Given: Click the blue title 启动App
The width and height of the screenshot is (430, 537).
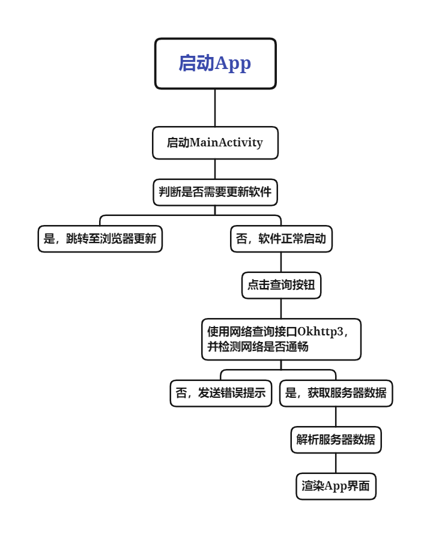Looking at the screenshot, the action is point(215,64).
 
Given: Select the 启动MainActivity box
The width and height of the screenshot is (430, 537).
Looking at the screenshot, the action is point(215,143).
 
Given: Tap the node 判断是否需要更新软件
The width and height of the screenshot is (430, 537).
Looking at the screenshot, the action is point(215,192).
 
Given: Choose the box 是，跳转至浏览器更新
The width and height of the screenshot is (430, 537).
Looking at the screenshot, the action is point(100,239).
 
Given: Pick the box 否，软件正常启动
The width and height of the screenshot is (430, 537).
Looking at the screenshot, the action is point(281,239).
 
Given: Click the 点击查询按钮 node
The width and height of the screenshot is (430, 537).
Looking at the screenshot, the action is point(281,285).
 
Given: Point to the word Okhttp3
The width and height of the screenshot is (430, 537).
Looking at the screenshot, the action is point(320,332).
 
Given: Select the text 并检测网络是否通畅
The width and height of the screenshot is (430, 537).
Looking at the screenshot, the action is point(258,347).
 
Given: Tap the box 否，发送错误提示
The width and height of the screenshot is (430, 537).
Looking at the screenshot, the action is point(221,393).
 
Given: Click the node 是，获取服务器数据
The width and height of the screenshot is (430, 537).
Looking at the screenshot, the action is point(336,393).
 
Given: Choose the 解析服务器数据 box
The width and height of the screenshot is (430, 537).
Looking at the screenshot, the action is point(336,440).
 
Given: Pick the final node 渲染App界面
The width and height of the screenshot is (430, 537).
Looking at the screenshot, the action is point(336,487).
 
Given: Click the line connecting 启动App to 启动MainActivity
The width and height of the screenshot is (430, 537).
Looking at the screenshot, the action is point(215,108).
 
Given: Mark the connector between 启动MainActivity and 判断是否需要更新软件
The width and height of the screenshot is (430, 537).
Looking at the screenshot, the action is point(215,169).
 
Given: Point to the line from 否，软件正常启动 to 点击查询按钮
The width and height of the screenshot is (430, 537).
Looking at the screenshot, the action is point(281,262).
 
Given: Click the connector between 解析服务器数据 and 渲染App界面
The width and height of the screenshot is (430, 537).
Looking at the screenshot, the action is point(336,463).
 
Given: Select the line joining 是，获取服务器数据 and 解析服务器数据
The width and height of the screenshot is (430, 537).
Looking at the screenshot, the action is point(336,417).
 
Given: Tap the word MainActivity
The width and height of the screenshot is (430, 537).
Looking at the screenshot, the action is point(226,142).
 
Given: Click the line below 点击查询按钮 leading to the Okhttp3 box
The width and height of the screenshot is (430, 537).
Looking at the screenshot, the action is point(281,308).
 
